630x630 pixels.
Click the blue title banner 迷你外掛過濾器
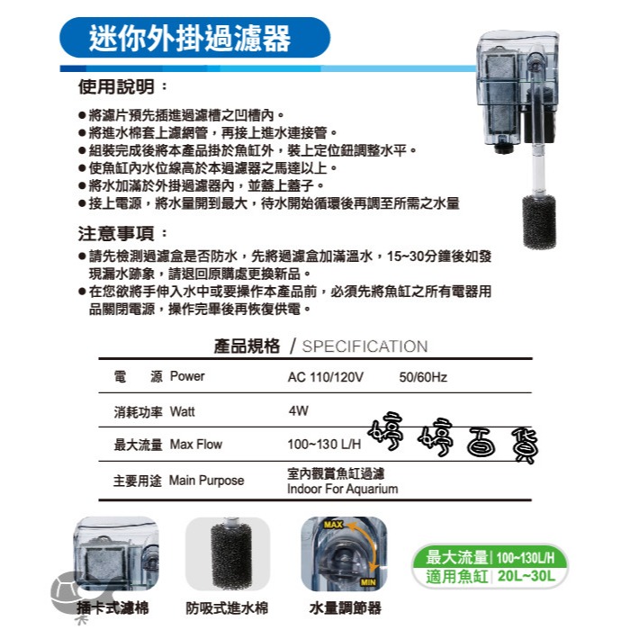pyautogui.click(x=194, y=38)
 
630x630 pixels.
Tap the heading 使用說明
pyautogui.click(x=116, y=86)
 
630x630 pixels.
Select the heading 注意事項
pyautogui.click(x=116, y=233)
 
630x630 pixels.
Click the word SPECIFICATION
pyautogui.click(x=364, y=346)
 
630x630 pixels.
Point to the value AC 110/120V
pyautogui.click(x=326, y=377)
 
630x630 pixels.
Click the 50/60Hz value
pyautogui.click(x=423, y=377)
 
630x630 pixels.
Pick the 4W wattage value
pyautogui.click(x=299, y=410)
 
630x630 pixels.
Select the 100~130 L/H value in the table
pyautogui.click(x=324, y=444)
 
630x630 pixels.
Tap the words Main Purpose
pyautogui.click(x=206, y=481)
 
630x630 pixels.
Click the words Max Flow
pyautogui.click(x=196, y=445)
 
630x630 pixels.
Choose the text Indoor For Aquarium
pyautogui.click(x=343, y=489)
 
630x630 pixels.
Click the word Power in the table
pyautogui.click(x=187, y=376)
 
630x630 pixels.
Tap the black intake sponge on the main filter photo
pyautogui.click(x=539, y=221)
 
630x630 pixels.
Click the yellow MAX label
pyautogui.click(x=334, y=525)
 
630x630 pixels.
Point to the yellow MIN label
pyautogui.click(x=368, y=582)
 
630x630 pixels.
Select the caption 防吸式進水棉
pyautogui.click(x=227, y=607)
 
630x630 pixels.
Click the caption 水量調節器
pyautogui.click(x=345, y=607)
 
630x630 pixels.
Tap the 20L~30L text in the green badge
pyautogui.click(x=526, y=576)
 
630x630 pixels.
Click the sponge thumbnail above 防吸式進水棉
pyautogui.click(x=228, y=553)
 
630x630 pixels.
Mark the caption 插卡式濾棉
pyautogui.click(x=112, y=607)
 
